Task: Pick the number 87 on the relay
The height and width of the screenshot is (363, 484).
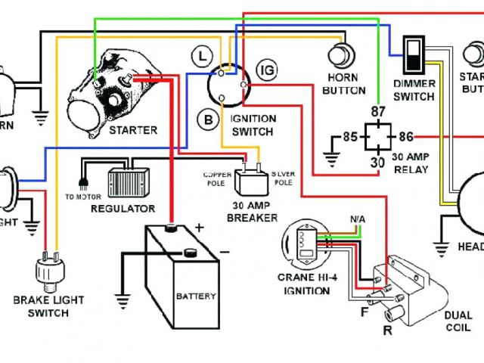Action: pyautogui.click(x=377, y=112)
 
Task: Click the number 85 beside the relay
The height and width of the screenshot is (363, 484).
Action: pyautogui.click(x=349, y=137)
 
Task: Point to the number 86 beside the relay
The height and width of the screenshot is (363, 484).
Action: pyautogui.click(x=406, y=137)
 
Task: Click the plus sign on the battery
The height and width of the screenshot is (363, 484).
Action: pyautogui.click(x=200, y=227)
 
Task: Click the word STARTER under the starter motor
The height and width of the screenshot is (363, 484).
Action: pyautogui.click(x=133, y=130)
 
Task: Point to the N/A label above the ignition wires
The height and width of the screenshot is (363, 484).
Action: pyautogui.click(x=358, y=219)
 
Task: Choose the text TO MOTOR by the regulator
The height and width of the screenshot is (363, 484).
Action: pyautogui.click(x=81, y=197)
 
